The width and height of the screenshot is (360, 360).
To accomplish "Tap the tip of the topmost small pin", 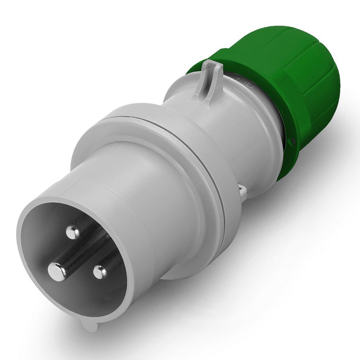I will coord(71,232).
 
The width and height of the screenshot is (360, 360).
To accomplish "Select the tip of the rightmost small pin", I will coord(99,271).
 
